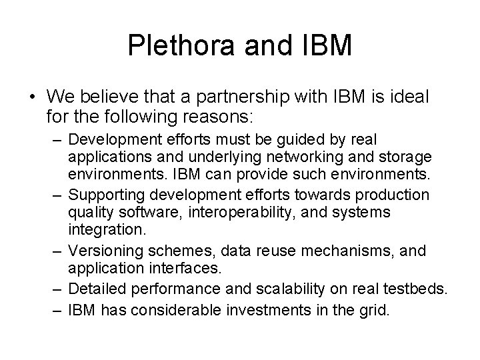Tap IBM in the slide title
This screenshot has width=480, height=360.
[x=325, y=45]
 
